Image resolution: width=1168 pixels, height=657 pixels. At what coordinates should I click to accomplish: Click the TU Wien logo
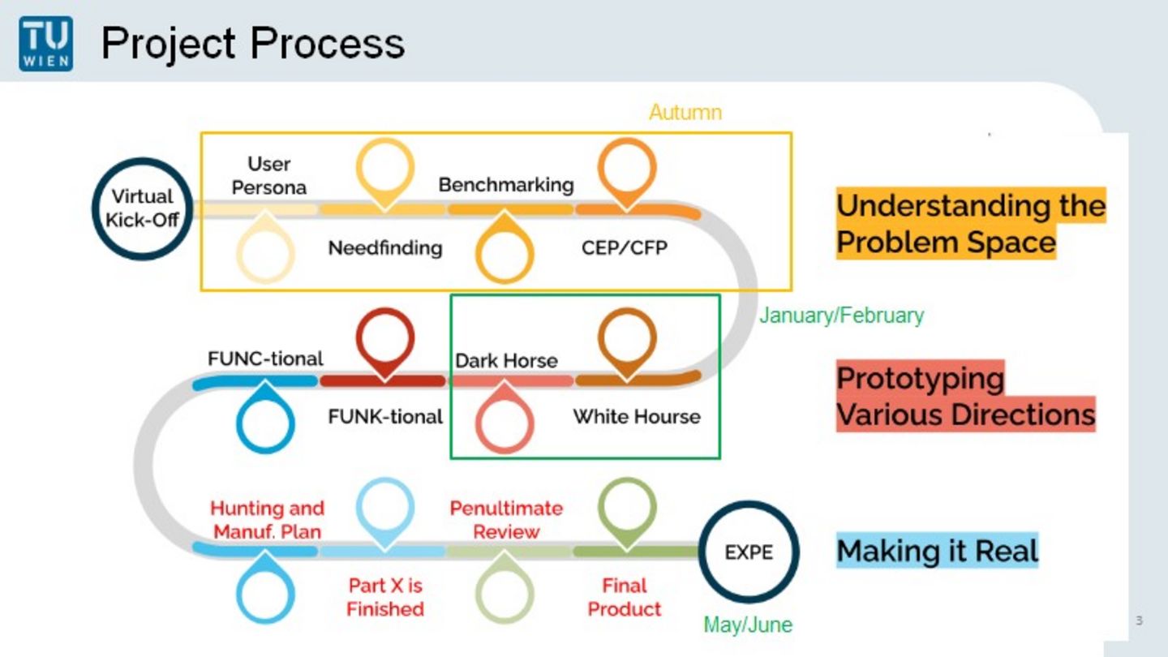[46, 44]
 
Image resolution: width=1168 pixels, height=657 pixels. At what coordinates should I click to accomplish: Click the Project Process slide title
[253, 43]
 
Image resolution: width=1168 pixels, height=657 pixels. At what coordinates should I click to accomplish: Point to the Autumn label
[685, 113]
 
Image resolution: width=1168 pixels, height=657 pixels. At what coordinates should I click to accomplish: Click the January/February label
[842, 316]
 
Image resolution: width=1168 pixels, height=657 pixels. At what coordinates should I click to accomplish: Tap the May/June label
[748, 625]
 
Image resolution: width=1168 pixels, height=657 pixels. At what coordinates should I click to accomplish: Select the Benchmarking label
[506, 185]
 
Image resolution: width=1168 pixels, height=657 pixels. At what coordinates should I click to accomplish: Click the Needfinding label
[385, 247]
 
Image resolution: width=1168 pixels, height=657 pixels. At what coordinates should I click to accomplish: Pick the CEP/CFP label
[625, 247]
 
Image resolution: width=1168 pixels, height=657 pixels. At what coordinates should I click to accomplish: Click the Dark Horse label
[506, 360]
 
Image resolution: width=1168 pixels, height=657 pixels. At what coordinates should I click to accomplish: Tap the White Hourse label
[637, 417]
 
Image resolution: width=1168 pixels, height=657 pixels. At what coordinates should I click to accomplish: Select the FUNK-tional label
[385, 417]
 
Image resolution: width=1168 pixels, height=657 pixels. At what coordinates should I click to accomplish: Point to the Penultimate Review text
[506, 520]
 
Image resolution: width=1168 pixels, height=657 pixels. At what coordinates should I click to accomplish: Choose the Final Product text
[625, 597]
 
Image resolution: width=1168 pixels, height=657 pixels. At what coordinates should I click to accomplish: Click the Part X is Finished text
[385, 597]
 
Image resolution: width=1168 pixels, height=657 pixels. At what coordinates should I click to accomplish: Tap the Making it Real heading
[938, 551]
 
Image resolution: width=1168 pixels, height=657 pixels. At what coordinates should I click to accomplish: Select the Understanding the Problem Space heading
[971, 223]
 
